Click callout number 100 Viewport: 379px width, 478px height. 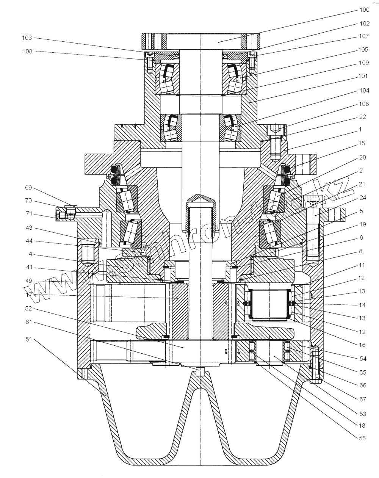pos(363,9)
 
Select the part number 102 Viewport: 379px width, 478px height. pos(364,24)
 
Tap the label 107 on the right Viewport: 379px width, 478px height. pos(364,37)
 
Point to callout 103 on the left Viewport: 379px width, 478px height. pos(27,38)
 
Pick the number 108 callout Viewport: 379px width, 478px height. pos(27,51)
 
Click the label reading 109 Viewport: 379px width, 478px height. pos(364,63)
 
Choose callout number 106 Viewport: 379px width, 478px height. pos(364,104)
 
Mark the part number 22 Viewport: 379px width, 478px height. pos(363,117)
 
